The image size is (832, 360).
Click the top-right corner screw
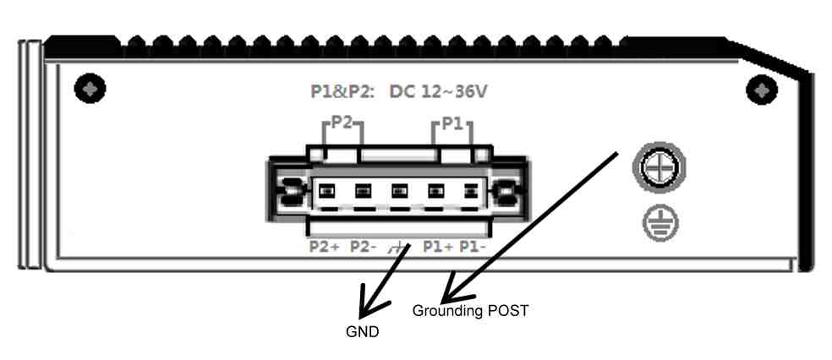coord(763,89)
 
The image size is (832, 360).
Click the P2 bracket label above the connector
coord(342,123)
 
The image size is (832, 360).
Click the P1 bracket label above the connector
coord(452,124)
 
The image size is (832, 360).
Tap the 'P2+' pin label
coord(325,247)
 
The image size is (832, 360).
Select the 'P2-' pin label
coord(364,247)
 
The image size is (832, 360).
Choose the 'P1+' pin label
coord(438,247)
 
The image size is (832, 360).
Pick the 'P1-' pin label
coord(471,247)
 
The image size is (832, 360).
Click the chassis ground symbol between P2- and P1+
coord(398,248)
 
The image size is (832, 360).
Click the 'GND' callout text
coord(362,332)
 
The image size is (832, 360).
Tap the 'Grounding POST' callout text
coord(470,310)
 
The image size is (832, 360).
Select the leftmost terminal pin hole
coord(325,189)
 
